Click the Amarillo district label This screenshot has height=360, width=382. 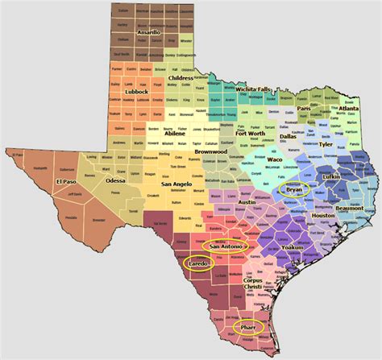click(149, 32)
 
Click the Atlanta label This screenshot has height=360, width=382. click(350, 108)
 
